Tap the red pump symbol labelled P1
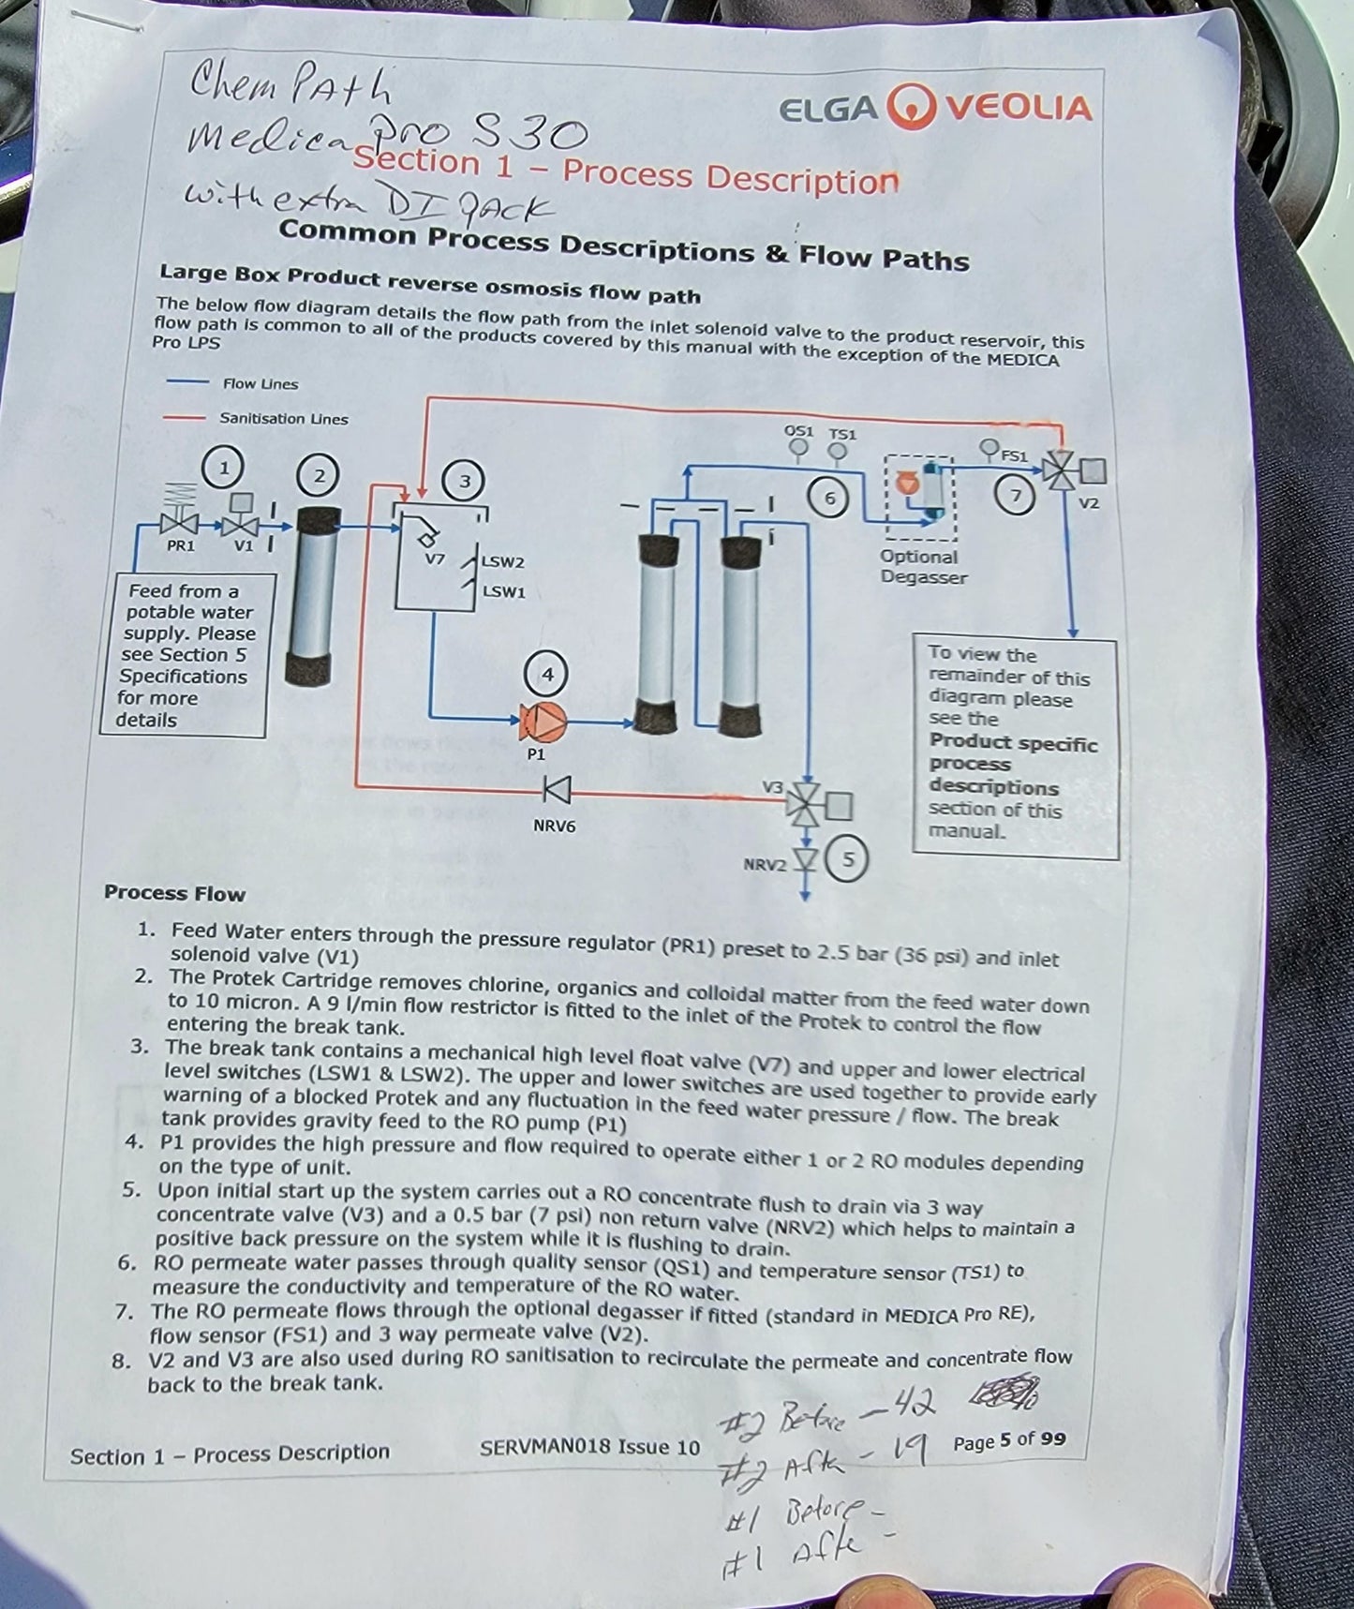tap(543, 721)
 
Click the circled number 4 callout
tap(547, 675)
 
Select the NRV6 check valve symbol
tap(558, 792)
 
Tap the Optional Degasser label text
tap(923, 567)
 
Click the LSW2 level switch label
tap(503, 562)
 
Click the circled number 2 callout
tap(319, 476)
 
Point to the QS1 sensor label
tap(798, 432)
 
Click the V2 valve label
tap(1088, 503)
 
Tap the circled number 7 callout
tap(1014, 494)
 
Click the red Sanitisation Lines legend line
tap(184, 418)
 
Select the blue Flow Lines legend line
tap(186, 382)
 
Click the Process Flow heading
tap(174, 893)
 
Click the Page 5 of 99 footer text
tap(1009, 1440)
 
